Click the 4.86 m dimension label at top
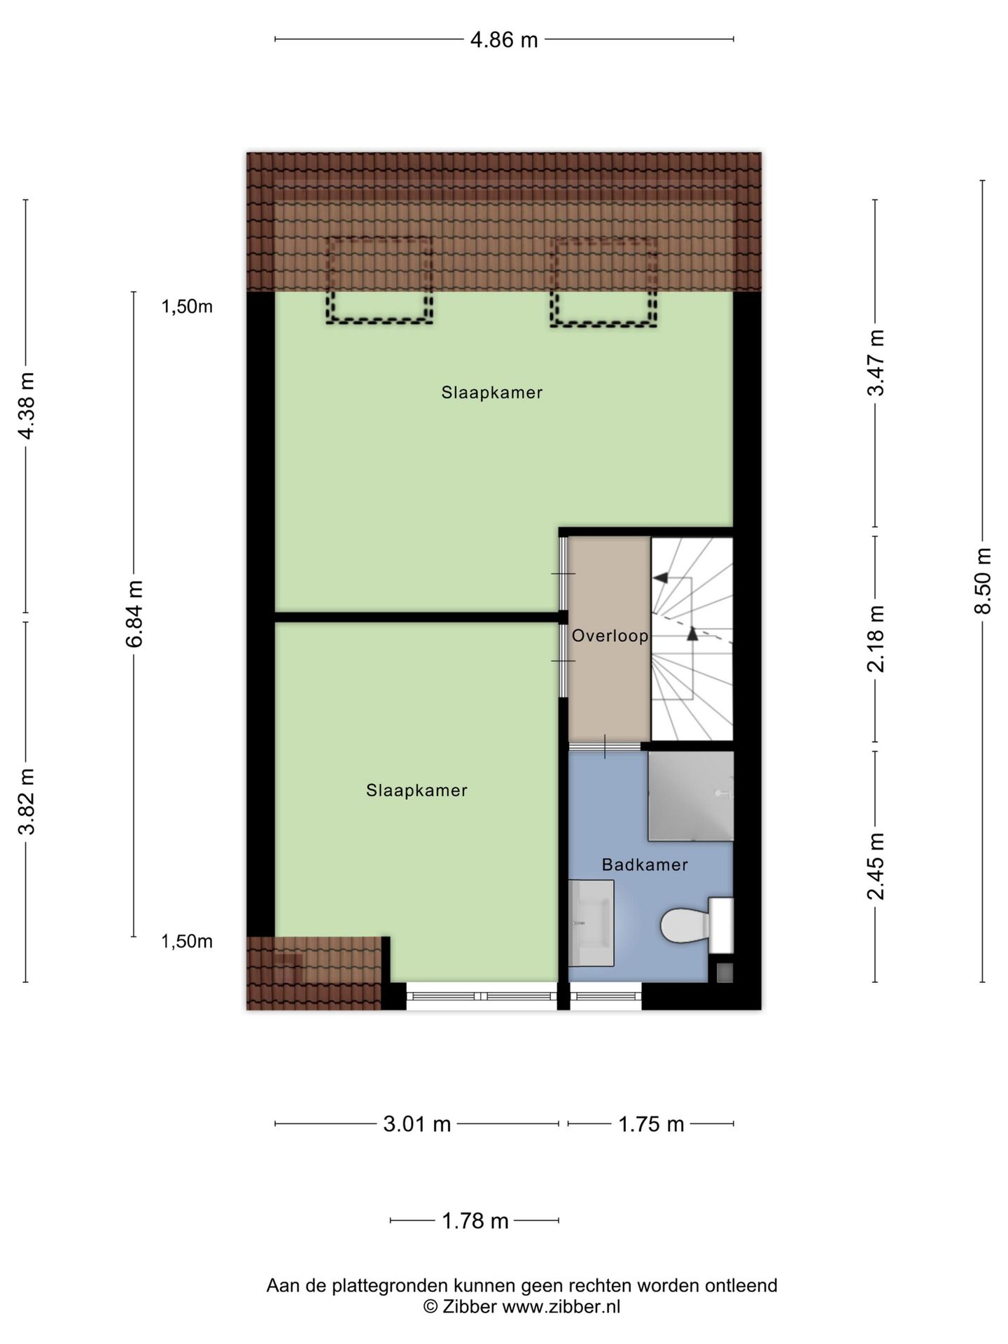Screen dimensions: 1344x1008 point(503,40)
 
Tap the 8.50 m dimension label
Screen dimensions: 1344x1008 point(983,581)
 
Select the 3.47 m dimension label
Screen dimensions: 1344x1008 point(876,363)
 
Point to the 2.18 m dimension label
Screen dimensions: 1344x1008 point(876,638)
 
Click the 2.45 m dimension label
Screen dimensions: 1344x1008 point(876,866)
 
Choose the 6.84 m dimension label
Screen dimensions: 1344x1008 point(134,614)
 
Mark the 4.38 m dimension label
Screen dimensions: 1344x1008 point(26,406)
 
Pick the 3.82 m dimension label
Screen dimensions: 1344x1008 point(26,801)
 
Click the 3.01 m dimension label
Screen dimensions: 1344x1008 point(416,1124)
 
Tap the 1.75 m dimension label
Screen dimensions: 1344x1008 point(650,1124)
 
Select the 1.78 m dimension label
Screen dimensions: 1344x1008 point(475,1221)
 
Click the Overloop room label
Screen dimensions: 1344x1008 point(610,636)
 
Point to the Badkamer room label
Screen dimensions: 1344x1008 point(645,864)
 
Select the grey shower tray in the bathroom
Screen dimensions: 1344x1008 point(689,796)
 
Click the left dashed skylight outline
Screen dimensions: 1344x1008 point(379,281)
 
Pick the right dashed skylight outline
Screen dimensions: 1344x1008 point(603,283)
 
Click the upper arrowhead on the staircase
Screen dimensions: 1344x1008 point(659,577)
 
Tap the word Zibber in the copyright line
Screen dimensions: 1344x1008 point(469,1306)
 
